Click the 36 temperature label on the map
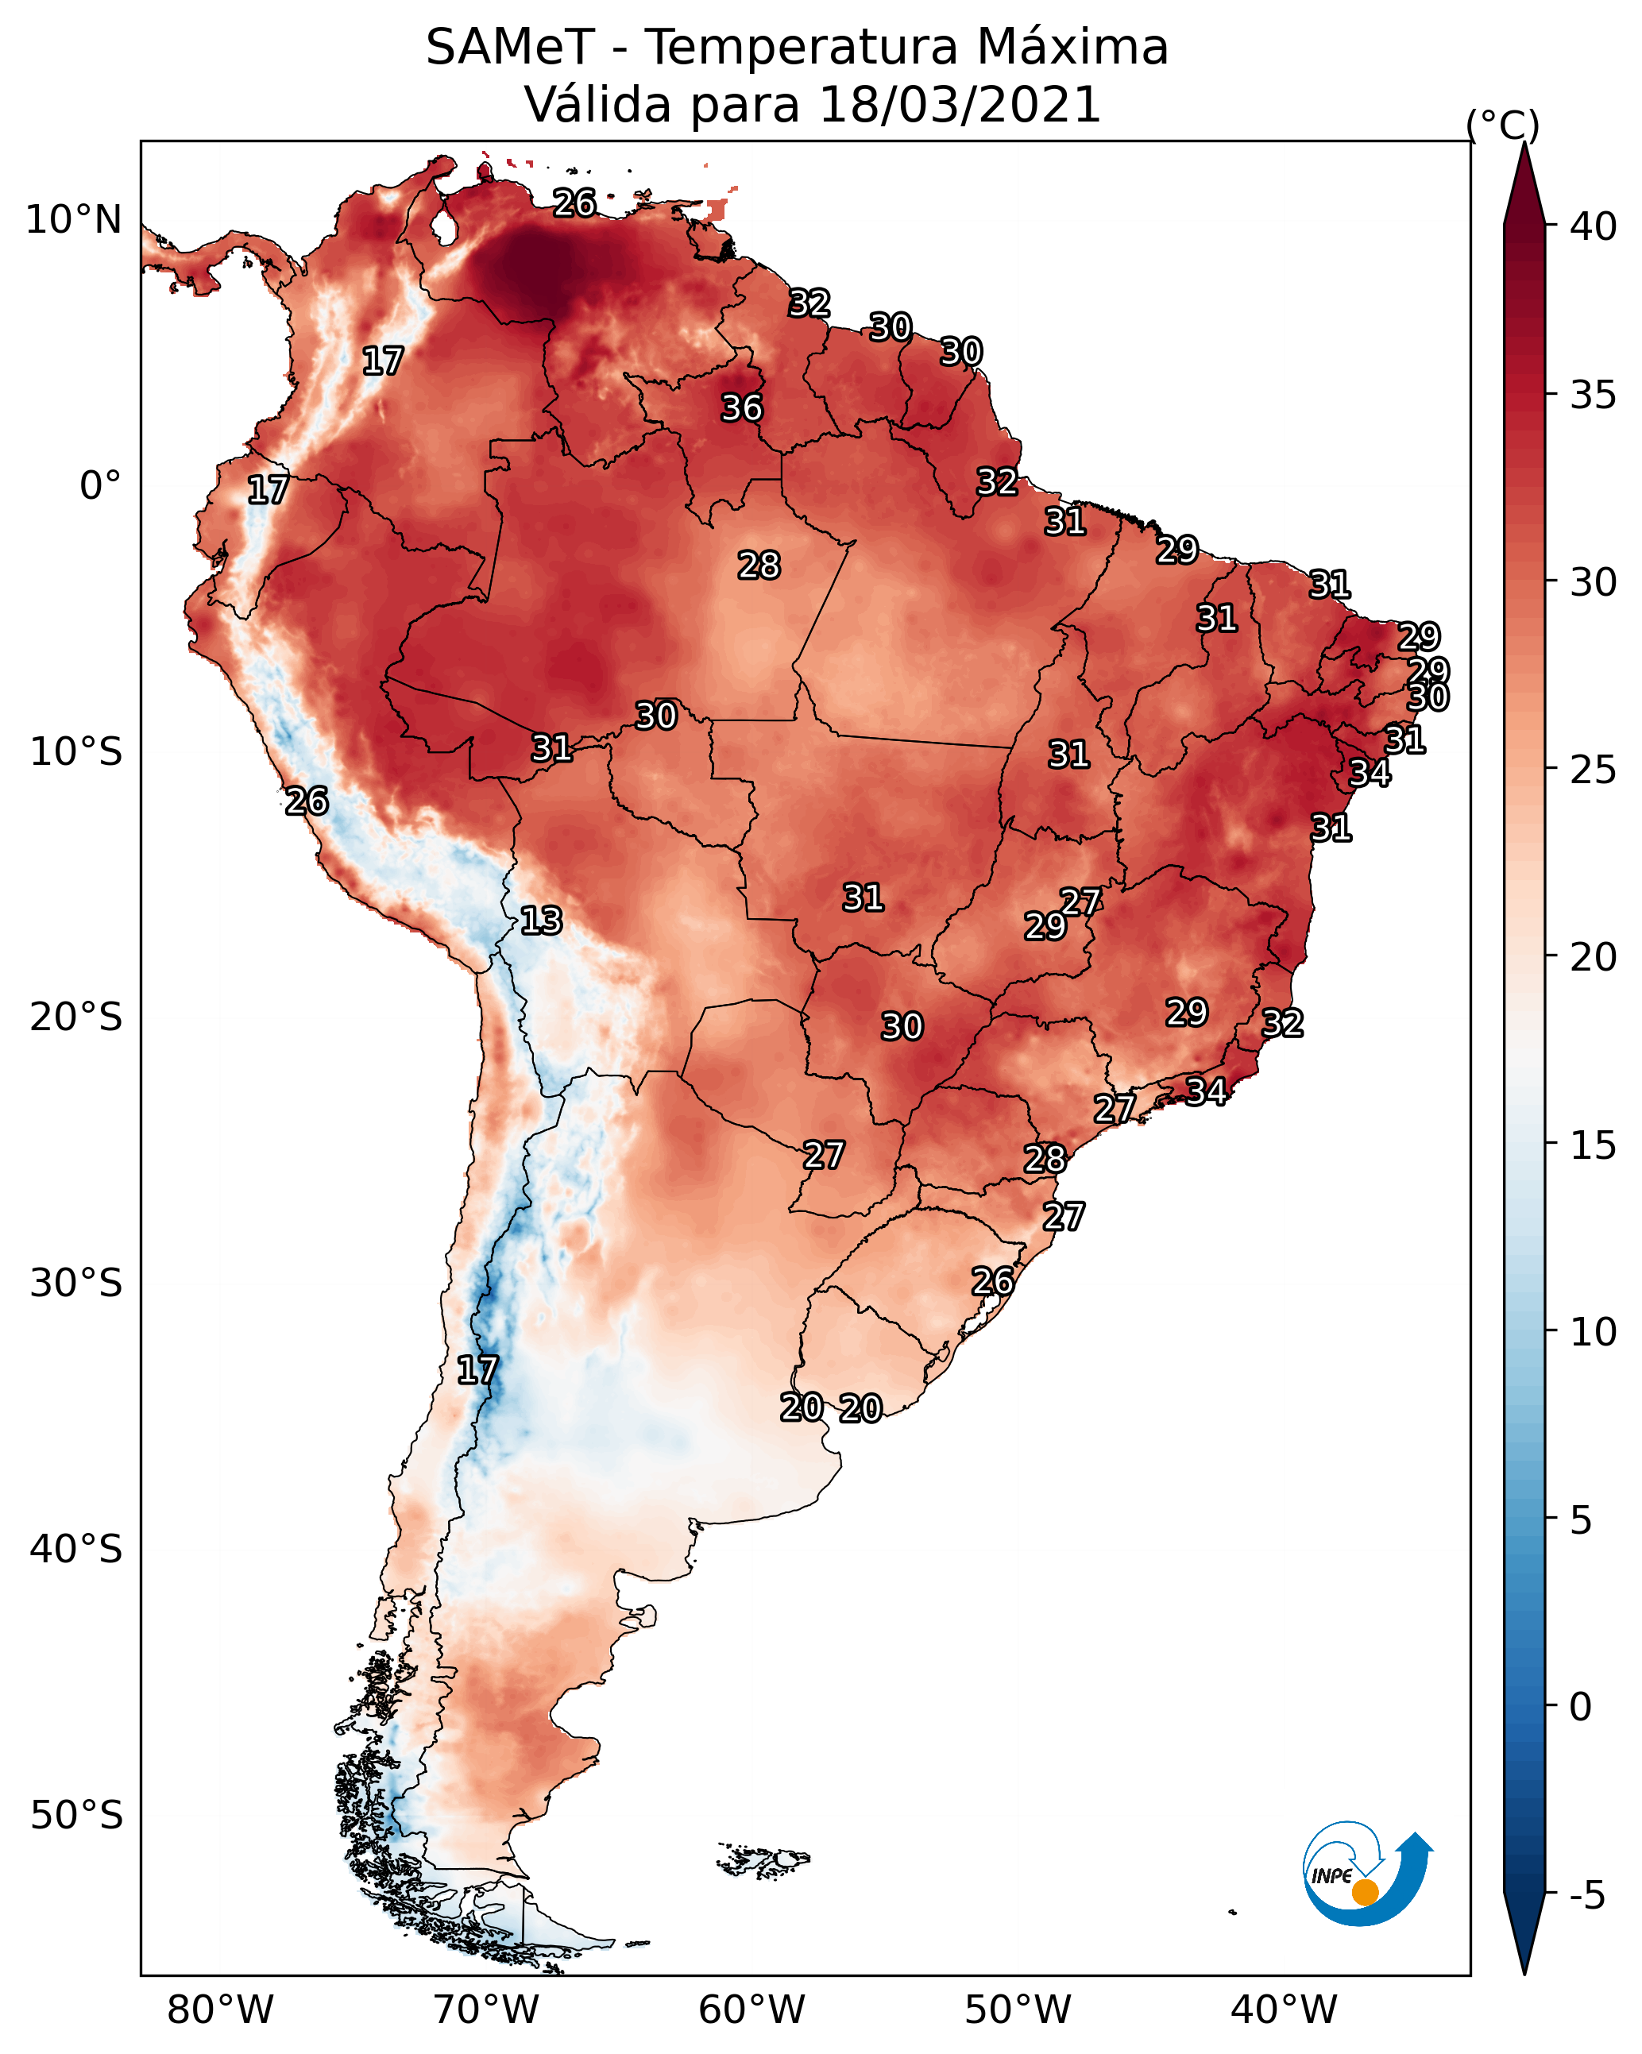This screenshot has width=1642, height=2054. (741, 407)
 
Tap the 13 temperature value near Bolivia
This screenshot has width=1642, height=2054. (541, 921)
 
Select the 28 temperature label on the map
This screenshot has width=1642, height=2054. (759, 565)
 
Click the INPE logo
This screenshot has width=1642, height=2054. (1366, 1876)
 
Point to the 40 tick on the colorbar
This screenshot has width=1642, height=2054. (1594, 226)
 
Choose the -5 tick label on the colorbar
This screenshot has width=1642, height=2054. (1586, 1896)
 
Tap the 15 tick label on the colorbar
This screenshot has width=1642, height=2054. (1594, 1145)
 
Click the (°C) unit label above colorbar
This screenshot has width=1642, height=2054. (1502, 125)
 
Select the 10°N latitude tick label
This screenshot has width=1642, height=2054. (73, 220)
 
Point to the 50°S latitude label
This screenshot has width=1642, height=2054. (76, 1816)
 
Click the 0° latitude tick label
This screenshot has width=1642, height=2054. (100, 486)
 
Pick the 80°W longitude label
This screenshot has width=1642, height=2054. (220, 2010)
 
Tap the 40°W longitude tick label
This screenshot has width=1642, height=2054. (1284, 2010)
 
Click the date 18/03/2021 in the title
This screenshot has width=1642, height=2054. (960, 104)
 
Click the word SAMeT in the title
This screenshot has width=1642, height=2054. (510, 48)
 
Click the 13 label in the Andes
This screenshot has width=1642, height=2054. (541, 921)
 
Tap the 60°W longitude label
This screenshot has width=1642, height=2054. (752, 2010)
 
